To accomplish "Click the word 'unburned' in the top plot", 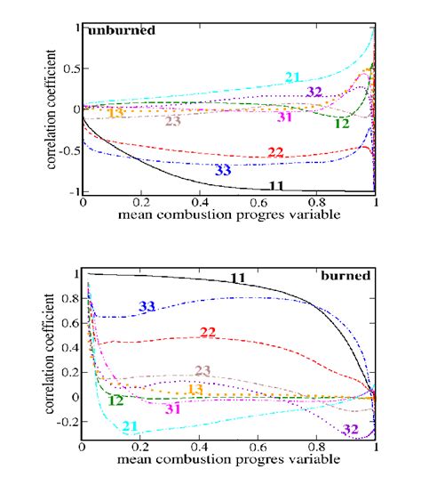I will click(122, 30).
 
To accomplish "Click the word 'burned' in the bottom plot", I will click(346, 276).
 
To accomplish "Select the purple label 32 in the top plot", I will click(314, 91).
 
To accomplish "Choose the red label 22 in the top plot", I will click(275, 152).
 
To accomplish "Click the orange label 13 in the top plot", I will click(115, 112).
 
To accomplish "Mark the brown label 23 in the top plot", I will click(173, 121).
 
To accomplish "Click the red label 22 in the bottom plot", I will click(208, 333).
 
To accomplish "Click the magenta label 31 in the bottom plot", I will click(172, 408).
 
